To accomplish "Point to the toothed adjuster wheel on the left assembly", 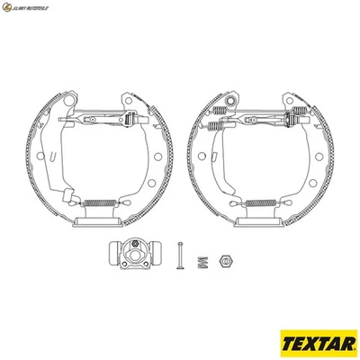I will coord(133,118).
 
